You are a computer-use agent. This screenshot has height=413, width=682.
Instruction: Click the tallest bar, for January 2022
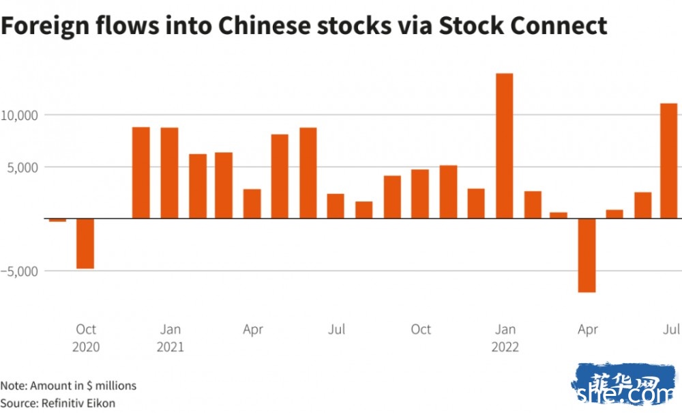click(x=504, y=145)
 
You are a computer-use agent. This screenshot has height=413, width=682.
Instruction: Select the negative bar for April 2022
click(x=587, y=255)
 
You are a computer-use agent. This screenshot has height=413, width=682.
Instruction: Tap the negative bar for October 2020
click(x=85, y=244)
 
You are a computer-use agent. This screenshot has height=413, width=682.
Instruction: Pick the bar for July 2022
click(x=669, y=161)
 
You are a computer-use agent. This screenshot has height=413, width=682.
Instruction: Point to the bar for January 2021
click(x=169, y=173)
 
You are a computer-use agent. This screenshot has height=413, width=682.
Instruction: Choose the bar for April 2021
click(x=252, y=203)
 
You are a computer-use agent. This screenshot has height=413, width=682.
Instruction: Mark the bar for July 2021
click(x=336, y=206)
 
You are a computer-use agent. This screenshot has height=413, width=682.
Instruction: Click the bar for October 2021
click(x=420, y=194)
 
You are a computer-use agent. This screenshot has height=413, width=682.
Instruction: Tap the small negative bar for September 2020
click(x=57, y=220)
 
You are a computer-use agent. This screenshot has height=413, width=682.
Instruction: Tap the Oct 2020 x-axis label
click(x=86, y=338)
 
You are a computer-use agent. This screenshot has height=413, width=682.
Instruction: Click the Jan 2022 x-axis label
click(x=505, y=338)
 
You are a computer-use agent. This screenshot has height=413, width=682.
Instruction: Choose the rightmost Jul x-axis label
click(x=672, y=330)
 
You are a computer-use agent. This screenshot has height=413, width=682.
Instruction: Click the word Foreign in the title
click(x=40, y=26)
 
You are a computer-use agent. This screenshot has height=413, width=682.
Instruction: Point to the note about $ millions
click(x=68, y=386)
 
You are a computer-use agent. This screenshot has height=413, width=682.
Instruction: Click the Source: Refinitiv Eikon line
click(x=57, y=403)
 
